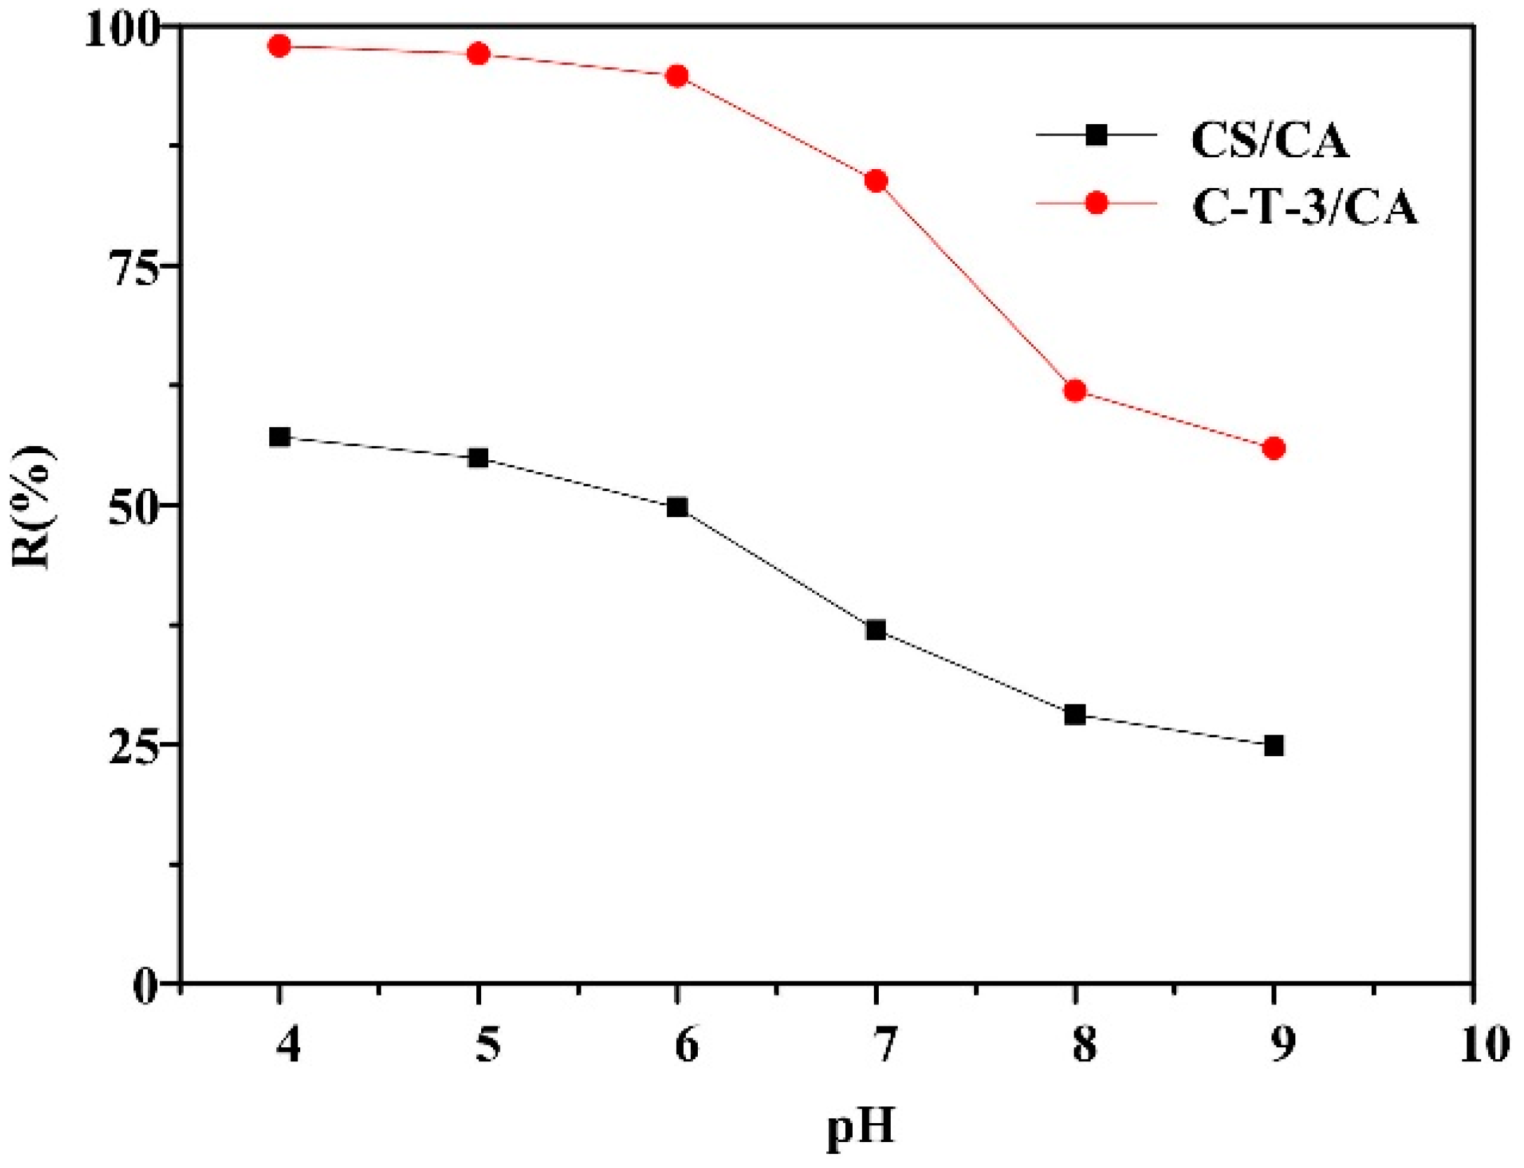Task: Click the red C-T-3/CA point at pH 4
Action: coord(279,46)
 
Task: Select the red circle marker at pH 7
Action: coord(876,181)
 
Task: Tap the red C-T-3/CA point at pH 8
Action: coord(1075,391)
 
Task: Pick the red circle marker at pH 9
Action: coord(1274,448)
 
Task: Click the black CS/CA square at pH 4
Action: coord(279,437)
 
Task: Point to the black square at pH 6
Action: coord(677,507)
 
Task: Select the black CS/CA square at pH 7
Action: coord(876,630)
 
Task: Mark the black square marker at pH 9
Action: coord(1274,746)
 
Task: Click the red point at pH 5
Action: coord(478,53)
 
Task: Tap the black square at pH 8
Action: coord(1075,716)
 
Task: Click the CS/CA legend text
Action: coord(1269,140)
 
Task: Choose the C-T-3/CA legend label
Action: coord(1304,208)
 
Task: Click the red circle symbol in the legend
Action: coord(1096,203)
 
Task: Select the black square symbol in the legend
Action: coord(1096,135)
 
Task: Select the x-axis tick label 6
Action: coord(686,1045)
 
